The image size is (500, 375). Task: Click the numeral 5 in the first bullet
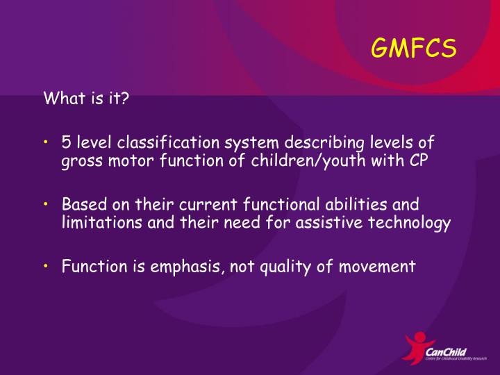(65, 143)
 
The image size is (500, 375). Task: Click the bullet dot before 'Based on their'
(46, 204)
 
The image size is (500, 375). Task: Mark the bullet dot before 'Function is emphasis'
(46, 265)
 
